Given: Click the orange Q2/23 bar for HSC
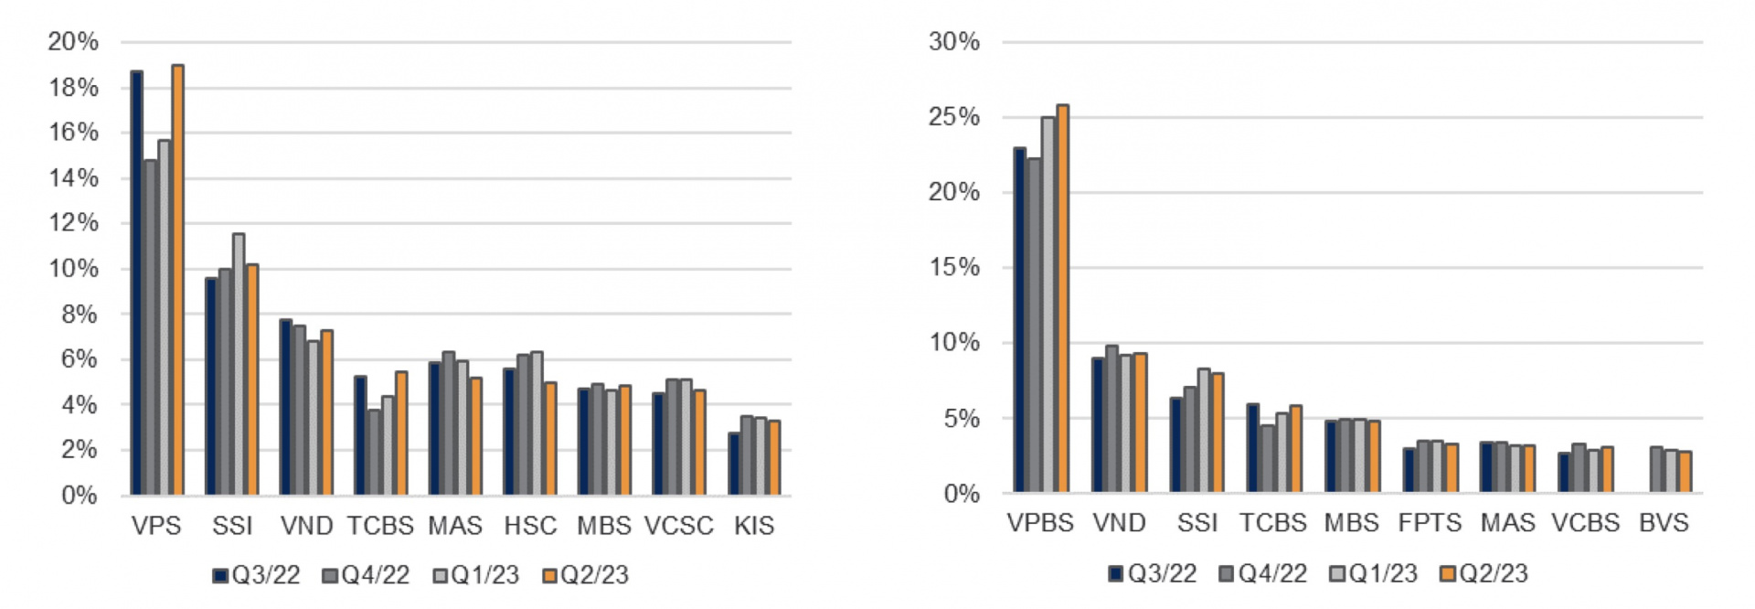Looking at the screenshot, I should (x=550, y=439).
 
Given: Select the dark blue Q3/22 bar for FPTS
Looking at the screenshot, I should (x=1409, y=470).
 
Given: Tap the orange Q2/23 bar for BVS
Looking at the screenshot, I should (x=1685, y=472).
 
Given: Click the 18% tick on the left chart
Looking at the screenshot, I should (x=73, y=88).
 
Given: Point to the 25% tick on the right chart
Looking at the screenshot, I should (x=953, y=117).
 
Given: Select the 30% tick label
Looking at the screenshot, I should (x=953, y=42).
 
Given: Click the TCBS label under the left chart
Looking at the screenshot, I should (x=380, y=526).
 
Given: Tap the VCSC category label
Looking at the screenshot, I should (x=678, y=526).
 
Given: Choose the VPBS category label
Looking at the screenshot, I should (x=1040, y=523).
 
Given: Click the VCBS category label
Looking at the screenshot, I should (x=1585, y=523).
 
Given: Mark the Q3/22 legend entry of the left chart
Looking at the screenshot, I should (x=257, y=575).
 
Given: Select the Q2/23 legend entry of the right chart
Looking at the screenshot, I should (x=1483, y=573).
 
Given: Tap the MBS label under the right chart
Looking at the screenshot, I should (x=1351, y=523).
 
